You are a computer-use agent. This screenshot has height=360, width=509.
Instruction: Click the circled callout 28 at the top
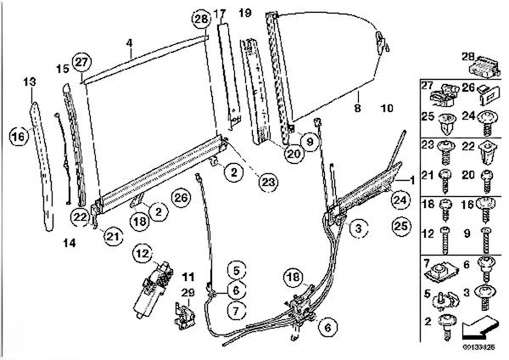(x=201, y=20)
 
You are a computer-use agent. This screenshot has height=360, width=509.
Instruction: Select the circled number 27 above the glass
(x=81, y=62)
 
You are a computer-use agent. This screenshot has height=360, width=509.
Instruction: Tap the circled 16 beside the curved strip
(x=19, y=137)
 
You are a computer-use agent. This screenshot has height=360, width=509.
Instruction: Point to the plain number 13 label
(x=30, y=82)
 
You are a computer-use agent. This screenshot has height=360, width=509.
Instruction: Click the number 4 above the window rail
(x=130, y=43)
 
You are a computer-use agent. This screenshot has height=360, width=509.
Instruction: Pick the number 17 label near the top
(x=220, y=14)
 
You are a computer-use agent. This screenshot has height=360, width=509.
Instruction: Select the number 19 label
(x=245, y=13)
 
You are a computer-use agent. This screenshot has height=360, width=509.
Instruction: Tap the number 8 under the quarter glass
(x=357, y=108)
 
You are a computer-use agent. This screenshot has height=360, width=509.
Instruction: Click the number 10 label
(x=387, y=108)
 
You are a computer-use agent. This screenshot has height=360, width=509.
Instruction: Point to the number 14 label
(x=70, y=243)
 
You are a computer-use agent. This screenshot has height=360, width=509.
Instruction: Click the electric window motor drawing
(x=153, y=290)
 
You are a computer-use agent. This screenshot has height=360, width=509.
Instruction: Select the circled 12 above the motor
(x=143, y=253)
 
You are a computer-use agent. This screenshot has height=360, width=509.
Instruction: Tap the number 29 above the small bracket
(x=187, y=293)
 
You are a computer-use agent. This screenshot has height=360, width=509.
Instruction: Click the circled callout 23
(x=268, y=183)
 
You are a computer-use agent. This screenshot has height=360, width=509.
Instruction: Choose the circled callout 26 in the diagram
(x=181, y=198)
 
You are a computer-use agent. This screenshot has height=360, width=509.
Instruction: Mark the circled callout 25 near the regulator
(x=401, y=226)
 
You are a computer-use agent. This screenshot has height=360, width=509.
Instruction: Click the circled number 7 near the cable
(x=236, y=311)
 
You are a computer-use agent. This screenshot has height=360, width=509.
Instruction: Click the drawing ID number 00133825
(x=479, y=347)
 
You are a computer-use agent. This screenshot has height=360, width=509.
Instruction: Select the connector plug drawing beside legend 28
(x=484, y=66)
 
